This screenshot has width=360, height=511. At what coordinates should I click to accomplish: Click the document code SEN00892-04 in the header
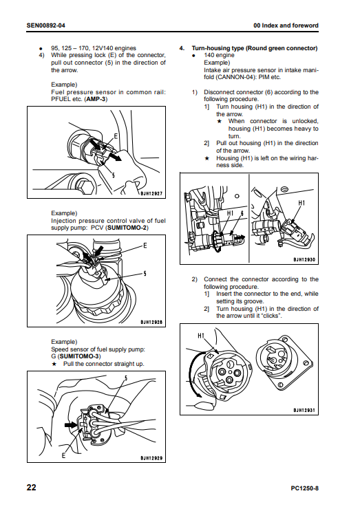click(45, 25)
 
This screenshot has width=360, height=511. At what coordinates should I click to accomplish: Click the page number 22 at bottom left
click(31, 488)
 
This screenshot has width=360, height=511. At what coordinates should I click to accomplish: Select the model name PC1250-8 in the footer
click(304, 488)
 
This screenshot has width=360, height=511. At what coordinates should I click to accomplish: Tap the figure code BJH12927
click(151, 193)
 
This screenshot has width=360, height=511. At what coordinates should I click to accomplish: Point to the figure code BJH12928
click(151, 323)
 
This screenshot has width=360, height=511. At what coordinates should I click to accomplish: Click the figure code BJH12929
click(151, 458)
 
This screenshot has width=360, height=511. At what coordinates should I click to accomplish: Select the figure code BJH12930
click(304, 260)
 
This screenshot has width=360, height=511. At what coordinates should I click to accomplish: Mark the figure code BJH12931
click(304, 411)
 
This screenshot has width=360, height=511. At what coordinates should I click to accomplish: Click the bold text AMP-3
click(96, 99)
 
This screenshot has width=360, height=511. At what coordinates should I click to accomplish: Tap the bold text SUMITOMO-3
click(80, 356)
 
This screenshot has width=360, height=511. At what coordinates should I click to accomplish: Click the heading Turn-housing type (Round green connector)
click(255, 48)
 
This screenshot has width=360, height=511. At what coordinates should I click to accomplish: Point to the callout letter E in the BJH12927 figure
click(116, 136)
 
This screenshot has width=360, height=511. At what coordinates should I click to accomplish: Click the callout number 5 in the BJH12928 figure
click(145, 274)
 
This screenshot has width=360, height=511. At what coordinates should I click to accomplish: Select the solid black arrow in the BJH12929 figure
click(71, 424)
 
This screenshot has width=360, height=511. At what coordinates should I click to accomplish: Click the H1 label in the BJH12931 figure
click(201, 336)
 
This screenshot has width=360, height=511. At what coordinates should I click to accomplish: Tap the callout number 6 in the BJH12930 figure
click(242, 213)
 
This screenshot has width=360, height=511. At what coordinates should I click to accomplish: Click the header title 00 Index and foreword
click(286, 25)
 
